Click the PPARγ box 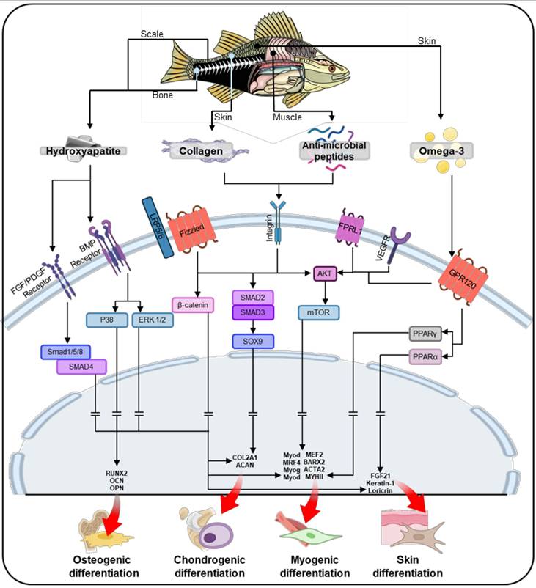coord(425,335)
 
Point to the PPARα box coord(425,357)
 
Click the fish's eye coord(331,68)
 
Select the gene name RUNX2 coord(117,475)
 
